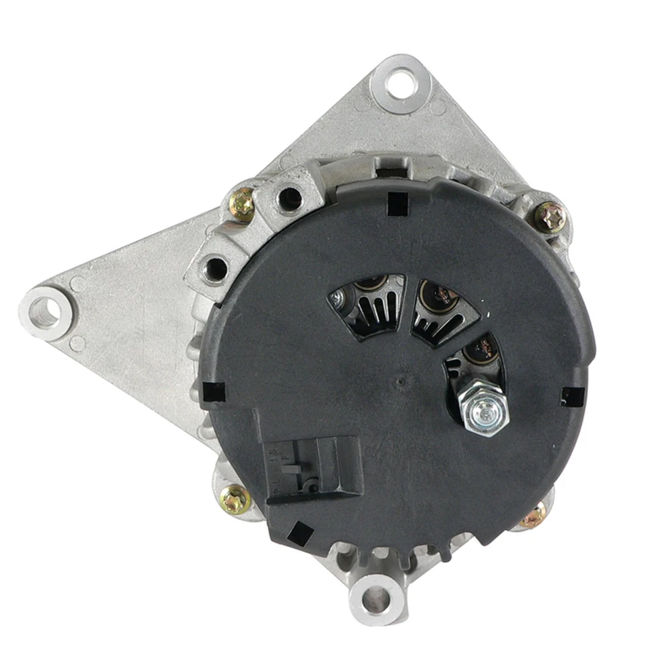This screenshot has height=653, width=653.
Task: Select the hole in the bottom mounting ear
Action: [377, 599]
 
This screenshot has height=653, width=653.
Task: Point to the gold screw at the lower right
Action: [534, 516]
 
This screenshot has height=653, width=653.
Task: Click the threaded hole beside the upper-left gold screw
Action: [289, 197]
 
